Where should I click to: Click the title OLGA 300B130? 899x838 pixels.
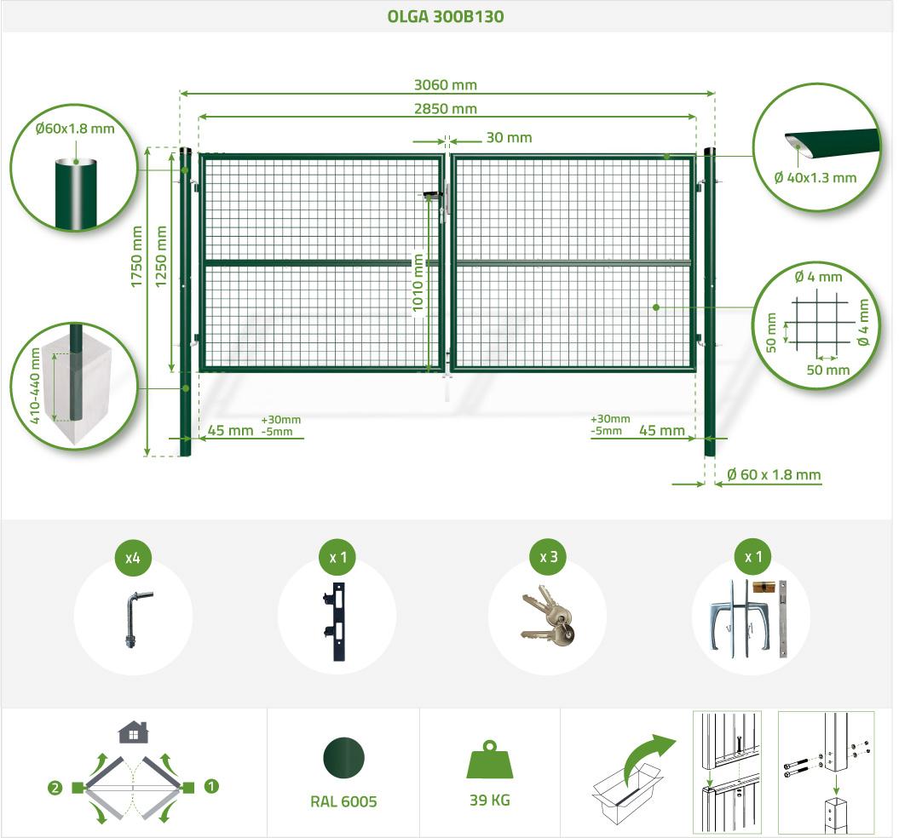pos(446,16)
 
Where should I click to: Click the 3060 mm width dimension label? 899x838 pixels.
pos(446,85)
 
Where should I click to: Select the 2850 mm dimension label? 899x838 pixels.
pos(446,108)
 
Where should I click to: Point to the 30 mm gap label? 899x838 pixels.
pos(509,138)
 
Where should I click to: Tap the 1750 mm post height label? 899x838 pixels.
pos(136,256)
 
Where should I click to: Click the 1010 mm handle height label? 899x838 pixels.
pos(418,283)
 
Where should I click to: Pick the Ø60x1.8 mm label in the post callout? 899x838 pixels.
pos(74,129)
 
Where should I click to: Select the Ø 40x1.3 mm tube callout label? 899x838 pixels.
pos(815,178)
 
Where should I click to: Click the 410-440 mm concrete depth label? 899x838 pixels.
pos(35,386)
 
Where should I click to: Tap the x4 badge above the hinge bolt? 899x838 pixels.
pos(132,558)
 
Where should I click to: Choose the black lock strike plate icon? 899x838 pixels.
pos(336,622)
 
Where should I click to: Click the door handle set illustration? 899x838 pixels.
pos(751,618)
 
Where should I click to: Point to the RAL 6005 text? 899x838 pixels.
pos(343,801)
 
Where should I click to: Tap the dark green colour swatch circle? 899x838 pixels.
pos(343,757)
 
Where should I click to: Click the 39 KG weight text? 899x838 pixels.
pos(490,801)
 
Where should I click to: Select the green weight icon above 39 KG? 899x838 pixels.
pos(490,760)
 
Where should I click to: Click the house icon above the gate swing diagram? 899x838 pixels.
pos(133,732)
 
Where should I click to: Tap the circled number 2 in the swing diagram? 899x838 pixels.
pos(55,788)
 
